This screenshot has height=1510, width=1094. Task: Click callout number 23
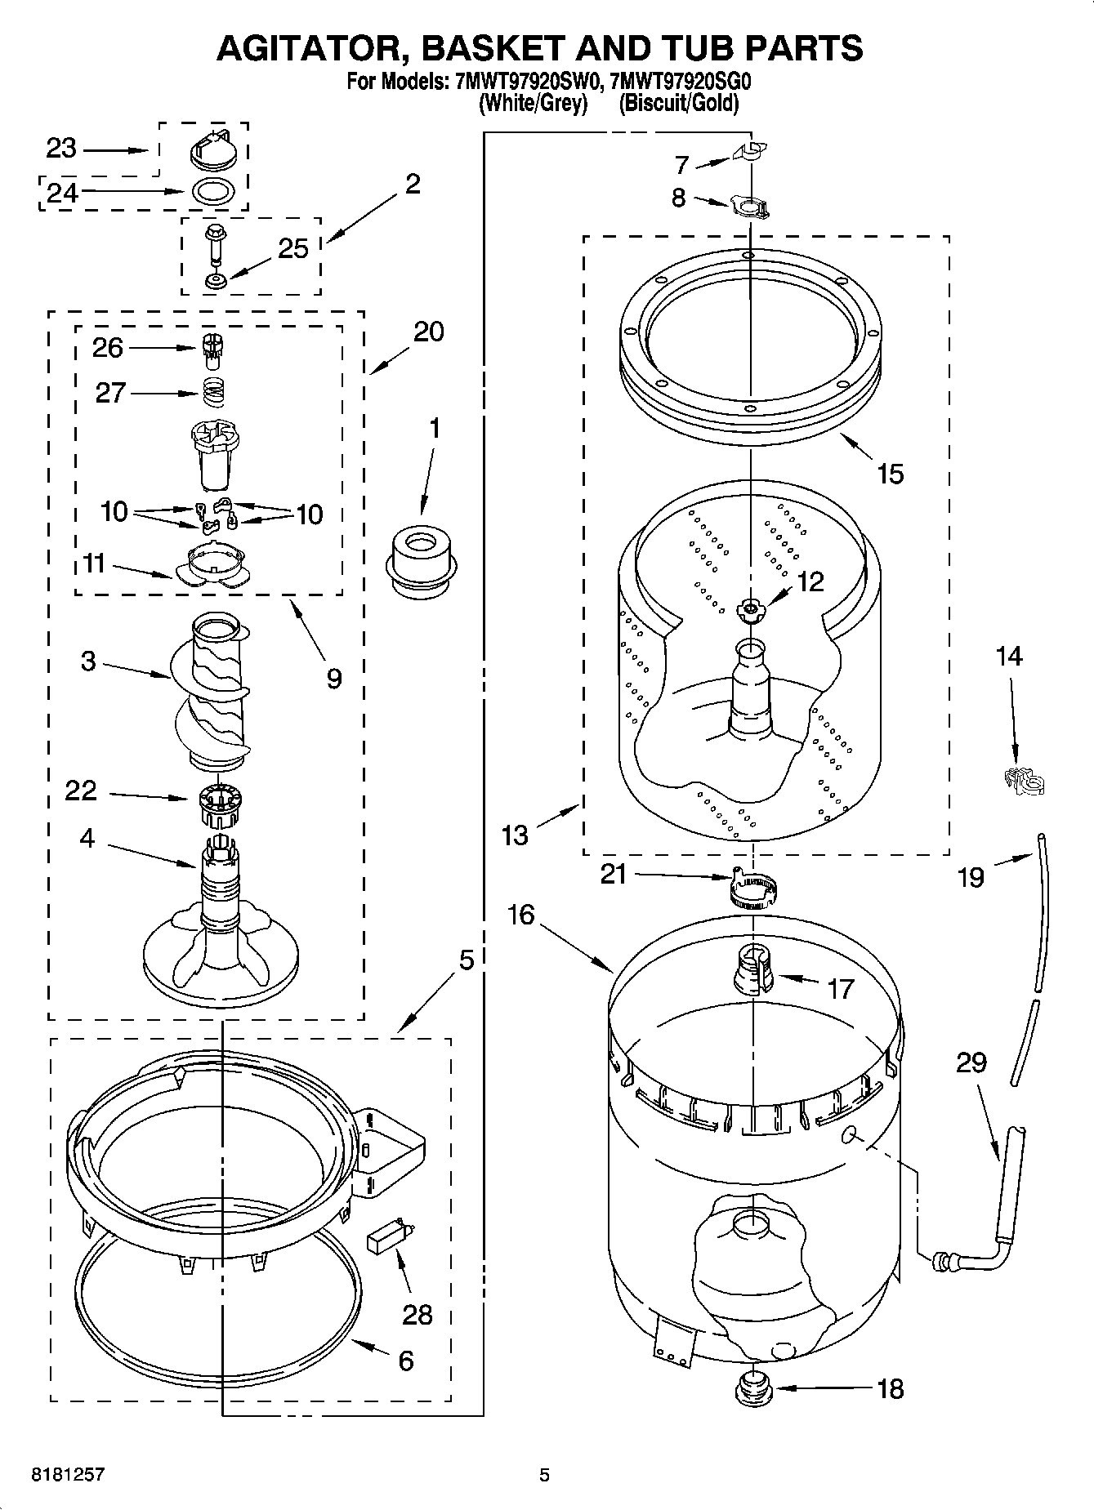click(x=60, y=149)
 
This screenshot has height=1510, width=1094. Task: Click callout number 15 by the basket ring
click(x=890, y=474)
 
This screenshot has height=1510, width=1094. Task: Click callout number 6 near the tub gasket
click(x=405, y=1360)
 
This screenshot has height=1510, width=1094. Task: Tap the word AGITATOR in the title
click(x=307, y=49)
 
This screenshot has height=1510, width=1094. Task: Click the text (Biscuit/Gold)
click(x=678, y=104)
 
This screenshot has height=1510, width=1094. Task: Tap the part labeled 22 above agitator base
click(x=217, y=804)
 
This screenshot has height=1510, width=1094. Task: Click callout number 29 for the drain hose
click(x=971, y=1062)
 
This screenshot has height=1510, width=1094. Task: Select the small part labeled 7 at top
click(x=749, y=151)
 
